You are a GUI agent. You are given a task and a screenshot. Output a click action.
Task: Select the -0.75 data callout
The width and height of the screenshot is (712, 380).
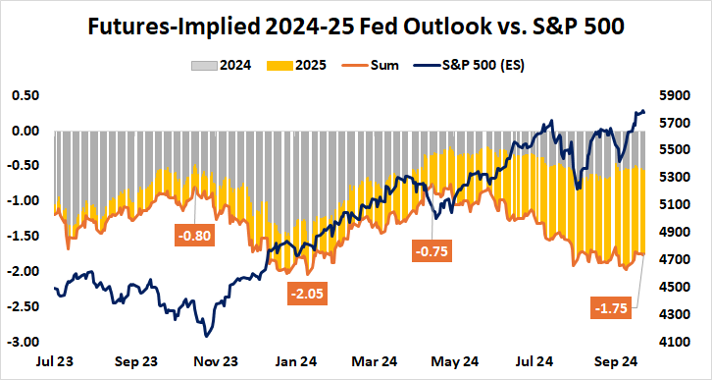[x=432, y=251]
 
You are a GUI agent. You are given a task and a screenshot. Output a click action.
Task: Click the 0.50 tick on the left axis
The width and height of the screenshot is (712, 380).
[x=24, y=95]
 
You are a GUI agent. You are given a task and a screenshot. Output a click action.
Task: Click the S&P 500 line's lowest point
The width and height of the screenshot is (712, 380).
[x=206, y=335]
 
